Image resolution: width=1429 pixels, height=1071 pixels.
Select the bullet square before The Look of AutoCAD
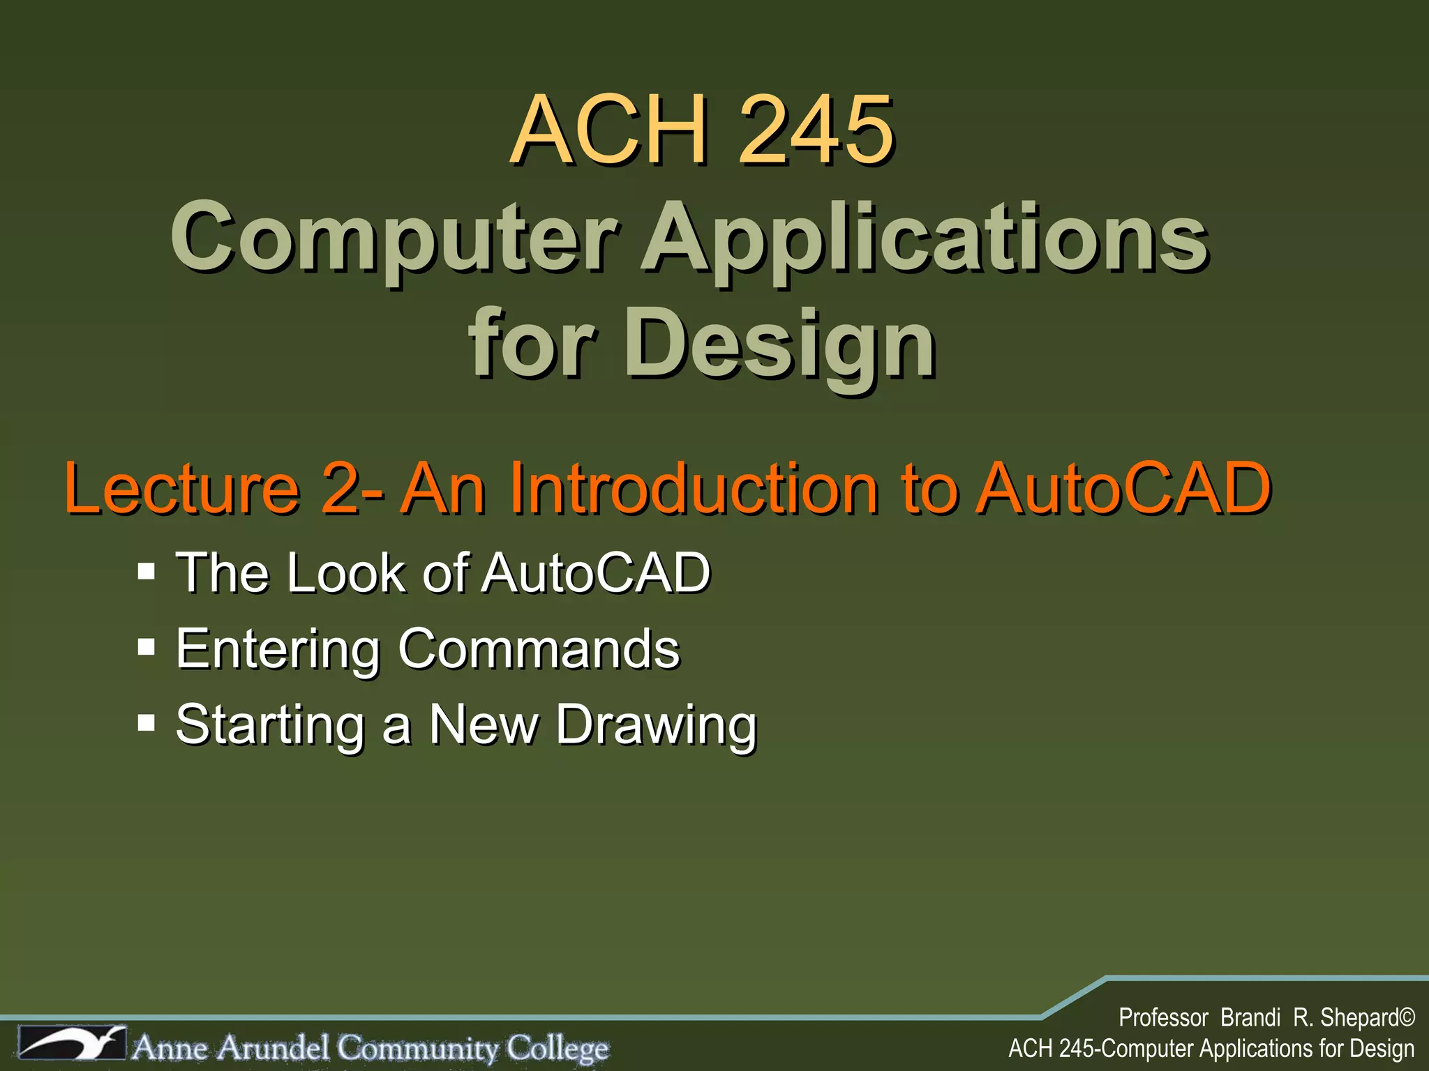(x=146, y=572)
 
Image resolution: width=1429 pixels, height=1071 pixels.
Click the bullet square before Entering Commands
(x=146, y=647)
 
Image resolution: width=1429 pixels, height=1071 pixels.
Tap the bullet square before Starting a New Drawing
(x=146, y=722)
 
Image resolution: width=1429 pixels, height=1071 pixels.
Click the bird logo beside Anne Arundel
(x=73, y=1043)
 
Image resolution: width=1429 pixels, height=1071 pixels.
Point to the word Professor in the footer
(x=1163, y=1018)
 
